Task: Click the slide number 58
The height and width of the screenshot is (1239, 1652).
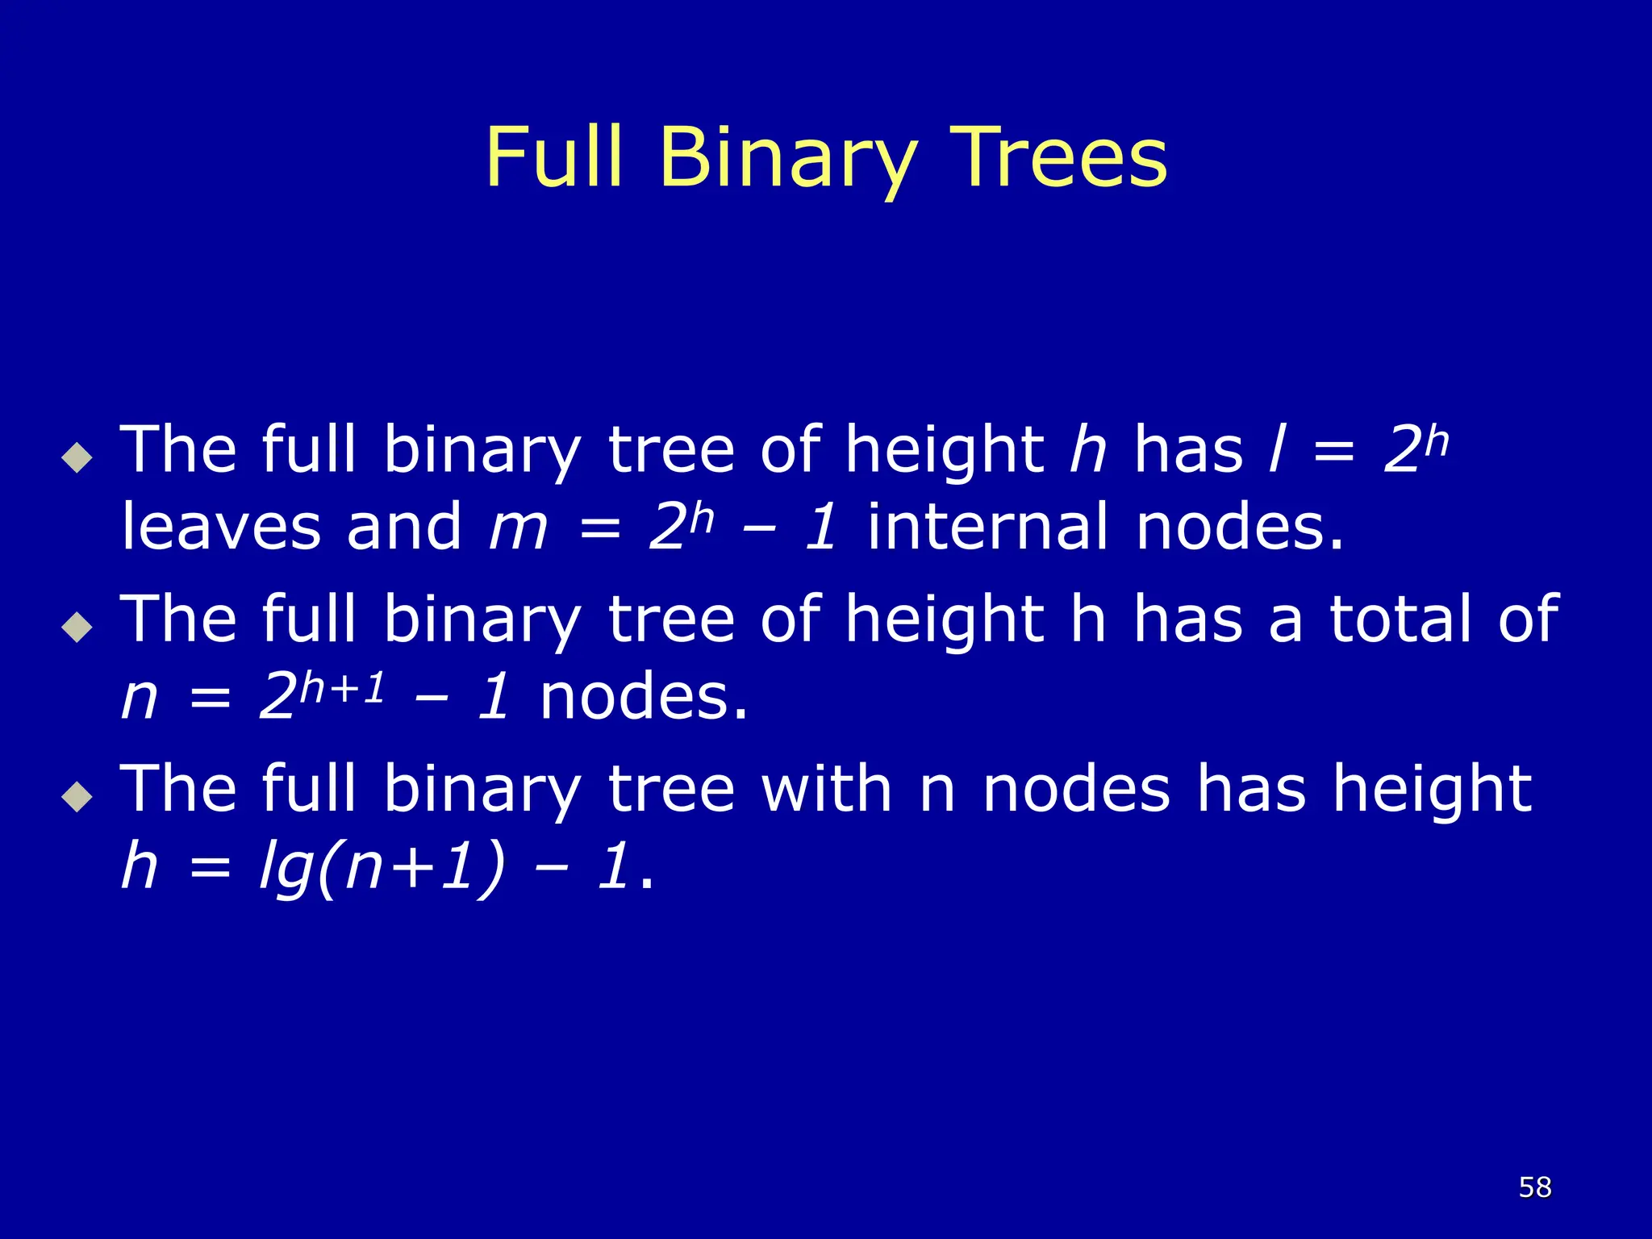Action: pyautogui.click(x=1534, y=1187)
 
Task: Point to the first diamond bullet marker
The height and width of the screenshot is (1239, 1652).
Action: pyautogui.click(x=77, y=457)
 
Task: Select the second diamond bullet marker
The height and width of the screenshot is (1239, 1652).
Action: pyautogui.click(x=77, y=627)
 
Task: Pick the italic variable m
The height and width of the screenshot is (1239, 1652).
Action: pyautogui.click(x=518, y=528)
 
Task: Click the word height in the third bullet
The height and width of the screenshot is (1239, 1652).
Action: pyautogui.click(x=1432, y=790)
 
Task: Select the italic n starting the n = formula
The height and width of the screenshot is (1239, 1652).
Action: pyautogui.click(x=139, y=698)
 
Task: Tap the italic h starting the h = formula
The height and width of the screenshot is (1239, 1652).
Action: pyautogui.click(x=139, y=867)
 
